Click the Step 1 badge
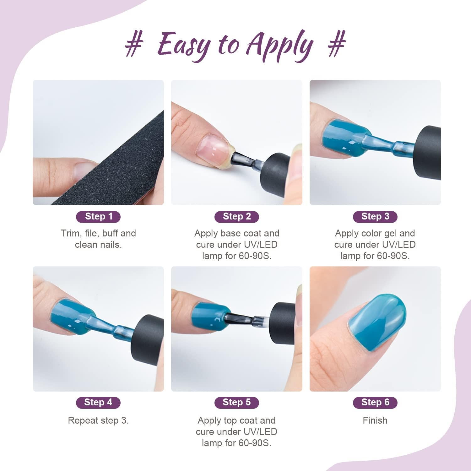point(98,217)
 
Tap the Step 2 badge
point(237,217)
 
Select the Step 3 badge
point(375,217)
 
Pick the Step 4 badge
point(98,403)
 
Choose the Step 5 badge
point(237,403)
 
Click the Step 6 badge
point(375,403)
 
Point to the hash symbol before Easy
point(134,44)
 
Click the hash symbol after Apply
point(337,44)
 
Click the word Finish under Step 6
point(375,420)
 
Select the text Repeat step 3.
point(98,420)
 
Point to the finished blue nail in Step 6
point(377,322)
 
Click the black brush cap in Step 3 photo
point(429,152)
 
